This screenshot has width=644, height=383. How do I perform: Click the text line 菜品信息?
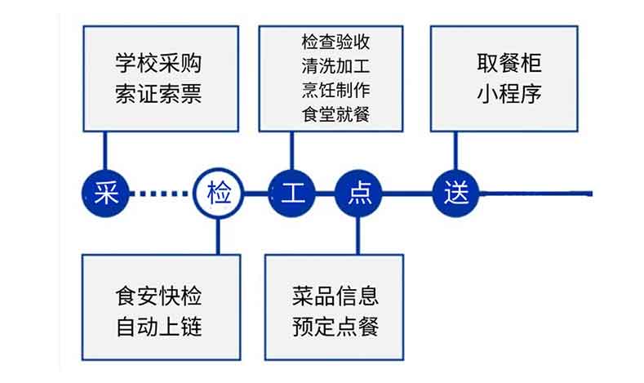point(335,295)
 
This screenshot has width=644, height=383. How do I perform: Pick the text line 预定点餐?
point(335,327)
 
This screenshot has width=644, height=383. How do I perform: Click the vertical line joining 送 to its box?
point(455,152)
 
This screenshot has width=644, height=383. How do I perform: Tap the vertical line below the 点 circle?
point(358,235)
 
